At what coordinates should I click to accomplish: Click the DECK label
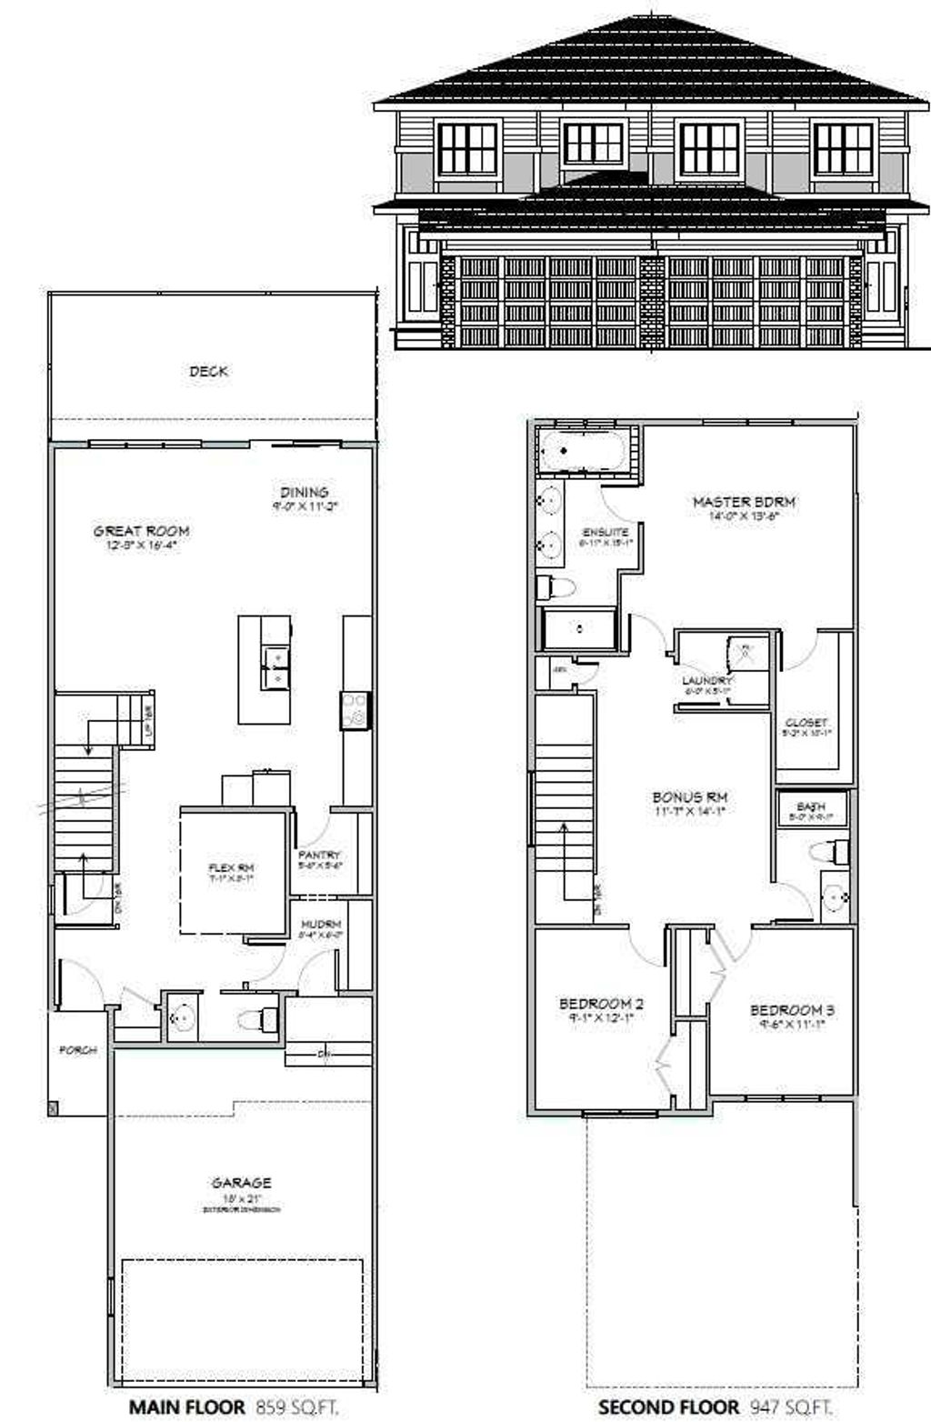(208, 371)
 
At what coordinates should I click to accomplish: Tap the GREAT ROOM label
(141, 531)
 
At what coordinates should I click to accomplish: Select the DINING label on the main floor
(304, 492)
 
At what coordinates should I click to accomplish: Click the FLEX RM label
(231, 868)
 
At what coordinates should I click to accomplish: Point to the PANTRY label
(319, 855)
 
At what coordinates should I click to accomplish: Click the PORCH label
(78, 1050)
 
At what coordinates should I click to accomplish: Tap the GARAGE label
(241, 1183)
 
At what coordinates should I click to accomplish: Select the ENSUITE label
(605, 532)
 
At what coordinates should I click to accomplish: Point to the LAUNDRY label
(706, 680)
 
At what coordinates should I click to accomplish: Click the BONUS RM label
(689, 797)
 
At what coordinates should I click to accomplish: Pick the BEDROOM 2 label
(601, 1004)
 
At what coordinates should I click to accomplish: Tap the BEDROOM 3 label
(791, 1010)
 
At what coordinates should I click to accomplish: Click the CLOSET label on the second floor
(806, 723)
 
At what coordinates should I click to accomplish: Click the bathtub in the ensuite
(582, 451)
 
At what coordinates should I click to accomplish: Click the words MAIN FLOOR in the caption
(186, 1407)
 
